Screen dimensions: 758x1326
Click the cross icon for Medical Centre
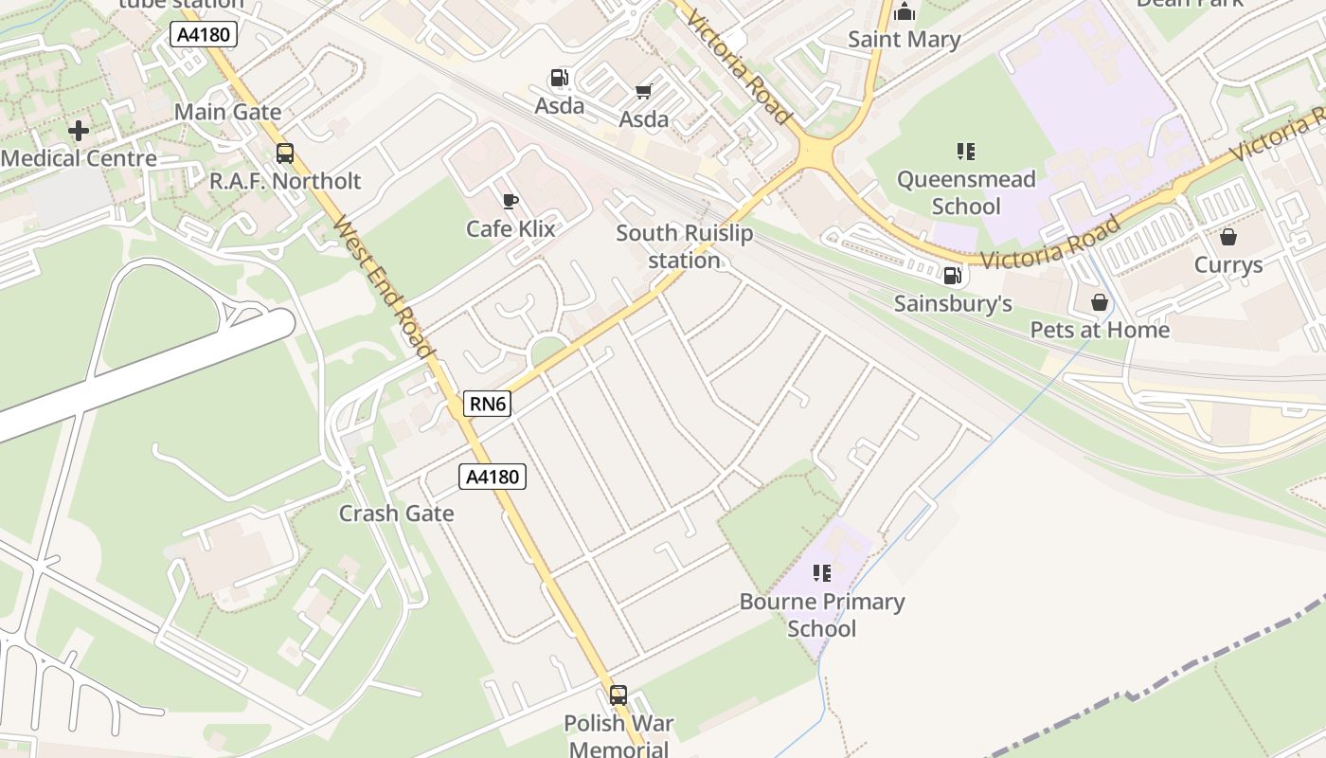click(x=79, y=131)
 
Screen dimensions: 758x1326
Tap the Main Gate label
click(x=227, y=112)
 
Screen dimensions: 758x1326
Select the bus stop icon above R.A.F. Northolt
click(x=285, y=153)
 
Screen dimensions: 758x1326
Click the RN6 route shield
click(x=488, y=405)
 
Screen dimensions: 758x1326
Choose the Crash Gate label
click(x=397, y=514)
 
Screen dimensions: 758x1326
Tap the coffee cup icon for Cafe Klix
click(x=511, y=201)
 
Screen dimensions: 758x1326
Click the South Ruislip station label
click(x=684, y=246)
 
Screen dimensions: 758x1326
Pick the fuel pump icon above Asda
click(x=560, y=78)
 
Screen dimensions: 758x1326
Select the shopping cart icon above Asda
click(x=644, y=92)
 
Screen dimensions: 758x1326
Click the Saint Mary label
click(x=904, y=40)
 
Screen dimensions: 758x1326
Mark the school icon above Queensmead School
click(x=965, y=152)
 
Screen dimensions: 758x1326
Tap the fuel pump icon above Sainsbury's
click(x=953, y=276)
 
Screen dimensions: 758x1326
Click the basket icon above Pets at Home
click(x=1100, y=302)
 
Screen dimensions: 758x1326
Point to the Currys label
click(x=1228, y=264)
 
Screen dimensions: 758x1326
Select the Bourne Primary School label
click(x=822, y=615)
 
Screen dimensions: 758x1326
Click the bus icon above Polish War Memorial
click(x=618, y=695)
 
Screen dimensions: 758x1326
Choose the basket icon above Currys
click(x=1228, y=237)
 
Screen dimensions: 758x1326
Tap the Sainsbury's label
click(x=953, y=304)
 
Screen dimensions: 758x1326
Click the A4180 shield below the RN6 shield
click(x=493, y=477)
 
